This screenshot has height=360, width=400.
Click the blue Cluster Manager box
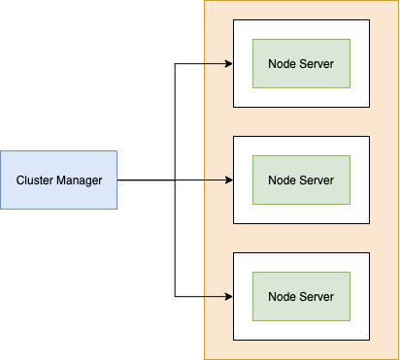pyautogui.click(x=58, y=180)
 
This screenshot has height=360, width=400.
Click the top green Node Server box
pyautogui.click(x=301, y=63)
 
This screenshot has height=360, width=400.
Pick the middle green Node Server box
pyautogui.click(x=301, y=180)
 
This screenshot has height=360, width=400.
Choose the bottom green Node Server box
pyautogui.click(x=301, y=296)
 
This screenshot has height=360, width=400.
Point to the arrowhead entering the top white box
pyautogui.click(x=229, y=64)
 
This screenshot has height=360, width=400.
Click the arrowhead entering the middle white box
pyautogui.click(x=229, y=180)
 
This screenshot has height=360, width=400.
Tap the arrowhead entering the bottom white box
pyautogui.click(x=229, y=296)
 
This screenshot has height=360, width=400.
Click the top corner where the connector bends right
pyautogui.click(x=175, y=64)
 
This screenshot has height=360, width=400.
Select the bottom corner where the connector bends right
pyautogui.click(x=175, y=296)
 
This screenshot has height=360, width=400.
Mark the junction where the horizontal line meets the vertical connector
pyautogui.click(x=175, y=180)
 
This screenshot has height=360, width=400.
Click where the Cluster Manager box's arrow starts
pyautogui.click(x=117, y=180)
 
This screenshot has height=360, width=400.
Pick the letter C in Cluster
pyautogui.click(x=19, y=180)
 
